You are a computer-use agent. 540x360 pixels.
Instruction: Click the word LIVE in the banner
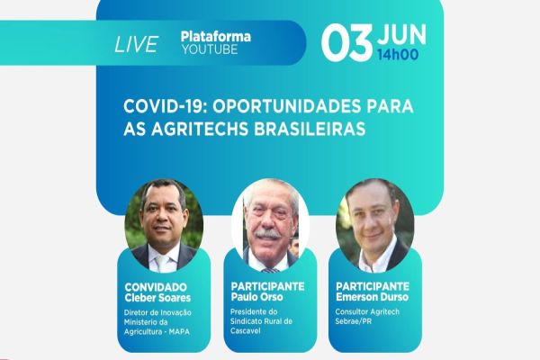137,44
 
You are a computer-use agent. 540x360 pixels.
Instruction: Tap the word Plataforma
215,37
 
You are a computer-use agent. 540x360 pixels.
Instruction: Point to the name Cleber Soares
159,299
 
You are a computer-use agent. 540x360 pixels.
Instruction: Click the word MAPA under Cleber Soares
186,331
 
